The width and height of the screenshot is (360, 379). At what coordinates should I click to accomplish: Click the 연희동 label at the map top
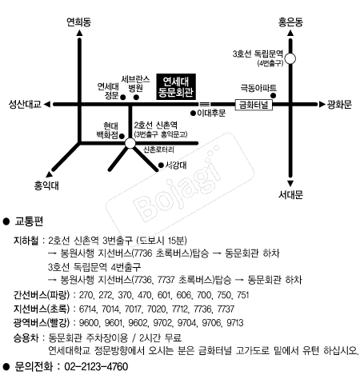(78, 22)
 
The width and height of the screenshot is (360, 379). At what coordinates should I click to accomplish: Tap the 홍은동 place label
(290, 24)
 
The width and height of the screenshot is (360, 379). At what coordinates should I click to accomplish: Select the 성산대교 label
(25, 104)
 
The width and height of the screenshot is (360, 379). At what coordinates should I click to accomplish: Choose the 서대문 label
(290, 193)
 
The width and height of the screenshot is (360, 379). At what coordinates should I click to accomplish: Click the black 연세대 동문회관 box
(178, 86)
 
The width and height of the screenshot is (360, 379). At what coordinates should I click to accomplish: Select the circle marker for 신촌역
(130, 142)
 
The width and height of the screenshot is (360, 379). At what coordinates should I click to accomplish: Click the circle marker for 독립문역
(290, 58)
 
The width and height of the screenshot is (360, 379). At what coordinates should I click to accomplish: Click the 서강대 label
(174, 165)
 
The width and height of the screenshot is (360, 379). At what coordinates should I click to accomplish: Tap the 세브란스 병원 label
(130, 82)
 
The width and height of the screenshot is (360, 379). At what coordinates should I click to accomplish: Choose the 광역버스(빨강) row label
(42, 323)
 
